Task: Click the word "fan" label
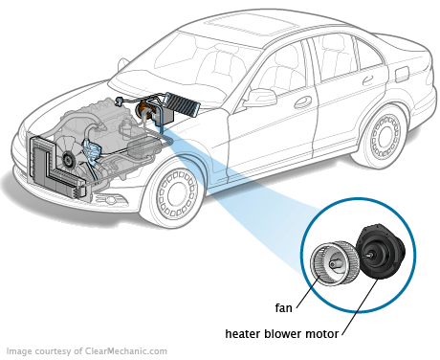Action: point(283,308)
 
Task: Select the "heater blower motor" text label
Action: point(282,334)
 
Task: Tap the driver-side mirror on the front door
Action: point(262,97)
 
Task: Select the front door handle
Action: point(302,101)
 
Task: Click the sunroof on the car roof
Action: point(243,25)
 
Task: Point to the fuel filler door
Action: point(402,75)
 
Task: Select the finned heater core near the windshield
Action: point(182,103)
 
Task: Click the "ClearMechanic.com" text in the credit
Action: point(125,351)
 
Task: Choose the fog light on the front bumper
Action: point(110,200)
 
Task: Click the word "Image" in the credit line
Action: point(19,351)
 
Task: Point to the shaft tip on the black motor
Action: point(367,255)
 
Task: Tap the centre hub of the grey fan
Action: point(334,263)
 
